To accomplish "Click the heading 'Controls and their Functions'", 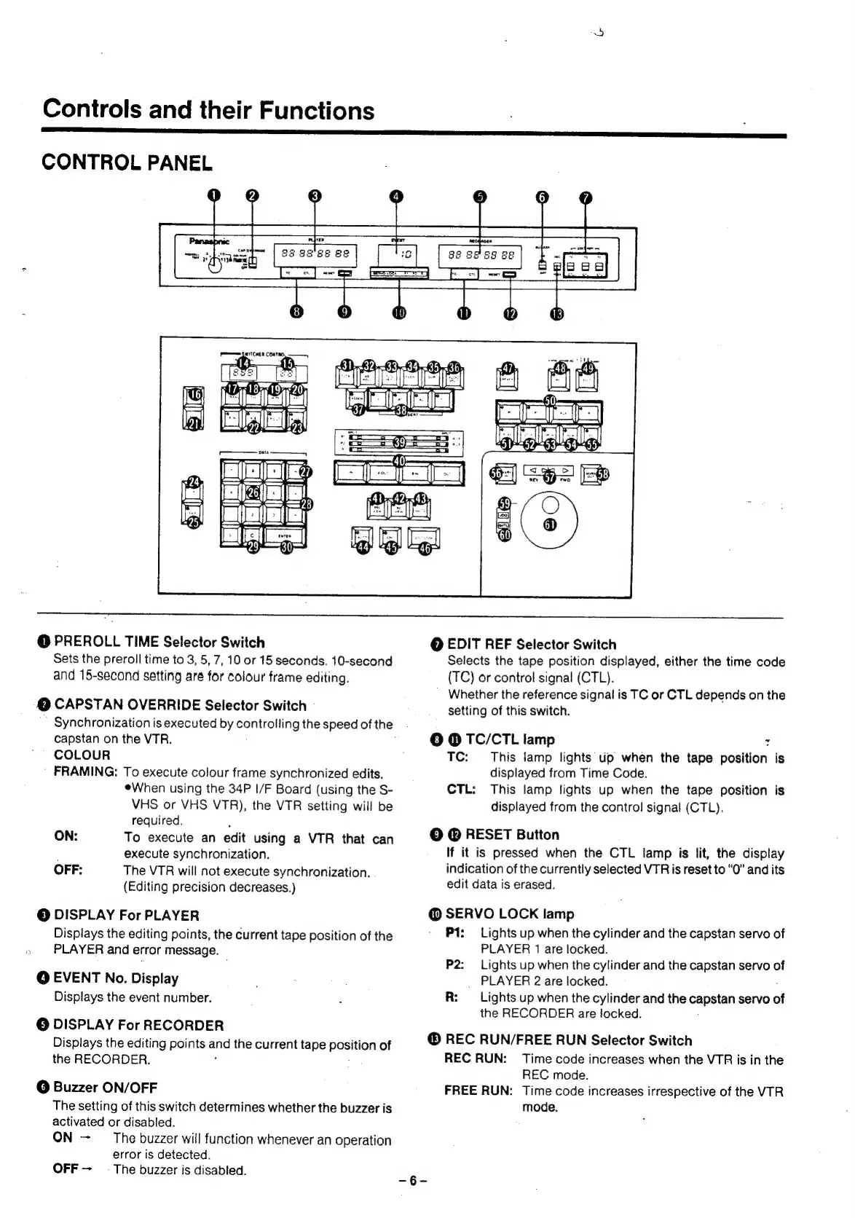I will tap(208, 110).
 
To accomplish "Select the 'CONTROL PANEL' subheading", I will tap(127, 162).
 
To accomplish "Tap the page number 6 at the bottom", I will tap(412, 1181).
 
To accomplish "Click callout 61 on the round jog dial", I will tap(549, 526).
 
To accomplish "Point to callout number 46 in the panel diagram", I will tap(425, 549).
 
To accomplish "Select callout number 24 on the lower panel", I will tap(194, 482).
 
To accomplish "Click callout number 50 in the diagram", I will tap(551, 401).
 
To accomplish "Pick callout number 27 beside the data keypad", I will tap(305, 471).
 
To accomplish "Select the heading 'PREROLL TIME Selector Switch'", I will tap(159, 643).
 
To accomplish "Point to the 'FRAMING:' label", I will tap(86, 771).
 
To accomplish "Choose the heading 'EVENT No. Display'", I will tap(116, 978).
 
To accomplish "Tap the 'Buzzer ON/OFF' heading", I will tap(105, 1087).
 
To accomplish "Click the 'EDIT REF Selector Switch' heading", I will tap(531, 644).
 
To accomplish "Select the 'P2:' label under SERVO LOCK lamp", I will tap(454, 964).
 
